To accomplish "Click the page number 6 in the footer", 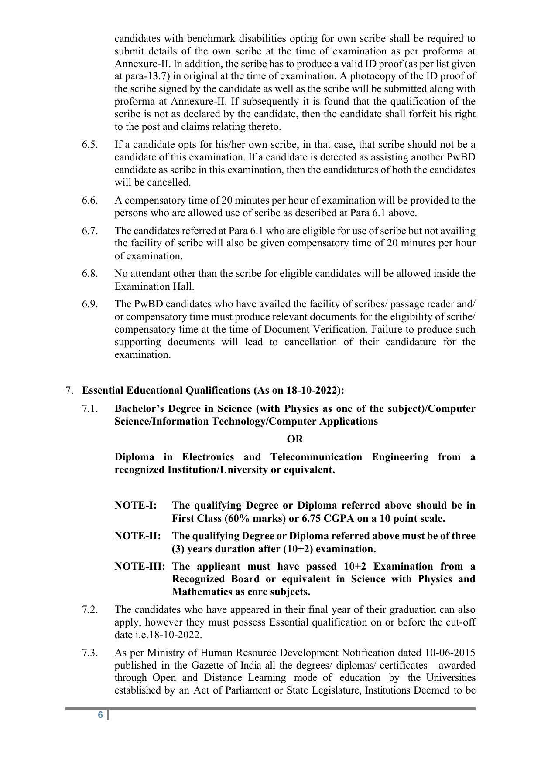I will [x=100, y=715].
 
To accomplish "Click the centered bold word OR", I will [x=295, y=439].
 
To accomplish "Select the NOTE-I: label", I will [x=136, y=506].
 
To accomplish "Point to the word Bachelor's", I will [x=140, y=409].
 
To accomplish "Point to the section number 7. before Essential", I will [x=69, y=390].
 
